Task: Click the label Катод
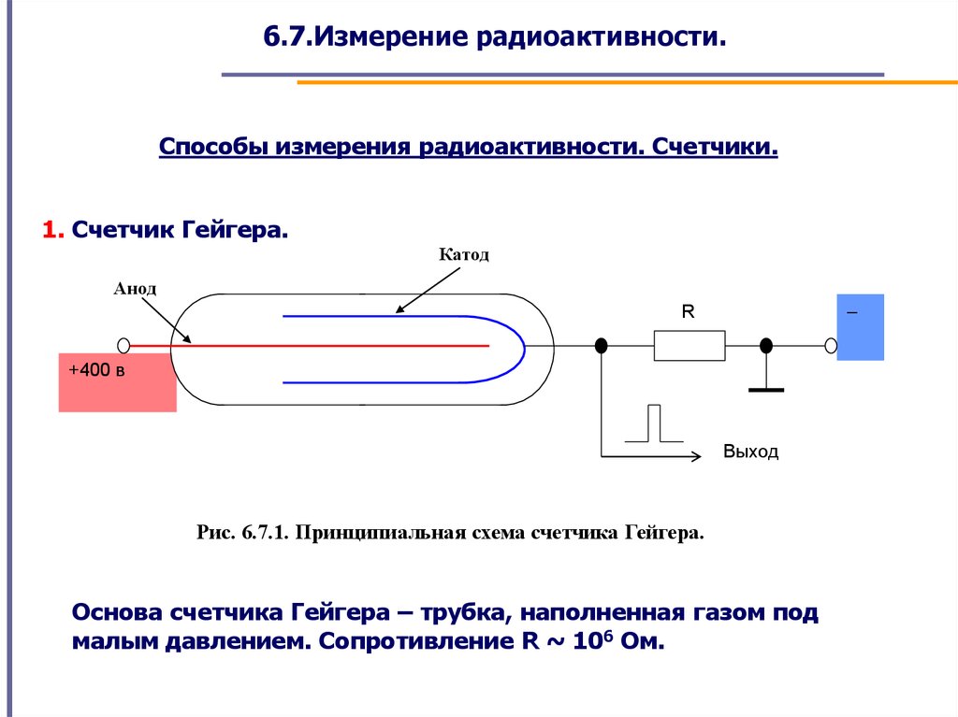click(x=463, y=255)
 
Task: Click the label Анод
click(x=135, y=289)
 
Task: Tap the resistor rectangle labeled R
click(x=689, y=346)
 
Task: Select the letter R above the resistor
click(x=688, y=313)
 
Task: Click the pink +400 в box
click(x=117, y=381)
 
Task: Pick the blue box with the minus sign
click(x=860, y=327)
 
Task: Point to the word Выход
click(x=750, y=452)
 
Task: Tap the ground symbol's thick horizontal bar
click(x=766, y=388)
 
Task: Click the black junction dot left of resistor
click(x=602, y=346)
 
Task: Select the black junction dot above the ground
click(x=766, y=346)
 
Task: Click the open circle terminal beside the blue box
click(x=830, y=346)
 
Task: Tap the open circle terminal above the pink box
click(x=123, y=345)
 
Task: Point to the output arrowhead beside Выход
click(x=695, y=456)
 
